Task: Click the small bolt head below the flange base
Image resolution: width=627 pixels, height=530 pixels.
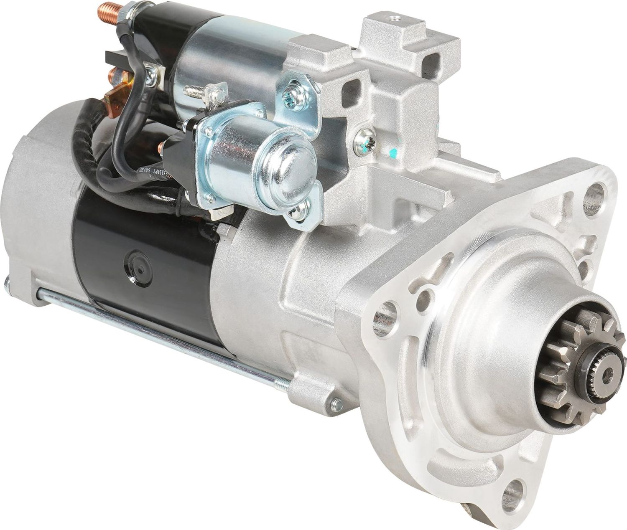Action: pos(335,403)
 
